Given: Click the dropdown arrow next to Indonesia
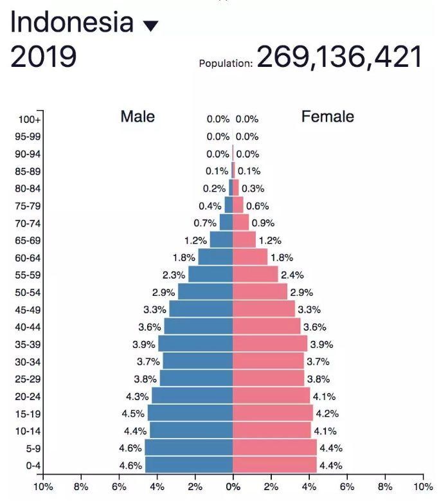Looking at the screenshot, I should click(150, 26).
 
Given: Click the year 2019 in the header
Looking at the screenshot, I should click(44, 57).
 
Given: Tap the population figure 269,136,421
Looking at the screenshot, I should click(339, 57).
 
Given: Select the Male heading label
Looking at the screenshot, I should click(138, 116).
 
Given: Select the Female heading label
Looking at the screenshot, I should click(328, 116).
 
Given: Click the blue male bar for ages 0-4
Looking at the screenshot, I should click(189, 465).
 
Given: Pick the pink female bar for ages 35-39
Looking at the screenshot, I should click(270, 344).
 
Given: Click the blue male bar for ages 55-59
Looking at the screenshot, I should click(210, 275).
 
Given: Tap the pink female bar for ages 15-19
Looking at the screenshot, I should click(273, 413).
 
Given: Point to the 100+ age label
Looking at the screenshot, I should click(30, 120).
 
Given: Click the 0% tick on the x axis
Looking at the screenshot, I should click(233, 487).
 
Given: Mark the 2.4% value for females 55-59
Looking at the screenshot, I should click(292, 275).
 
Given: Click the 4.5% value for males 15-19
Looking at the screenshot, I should click(134, 414).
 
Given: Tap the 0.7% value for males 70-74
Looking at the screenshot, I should click(205, 223).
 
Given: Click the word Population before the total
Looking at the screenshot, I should click(226, 64).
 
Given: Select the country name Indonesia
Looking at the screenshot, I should click(72, 23).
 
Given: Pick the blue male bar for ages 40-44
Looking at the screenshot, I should click(199, 327).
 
